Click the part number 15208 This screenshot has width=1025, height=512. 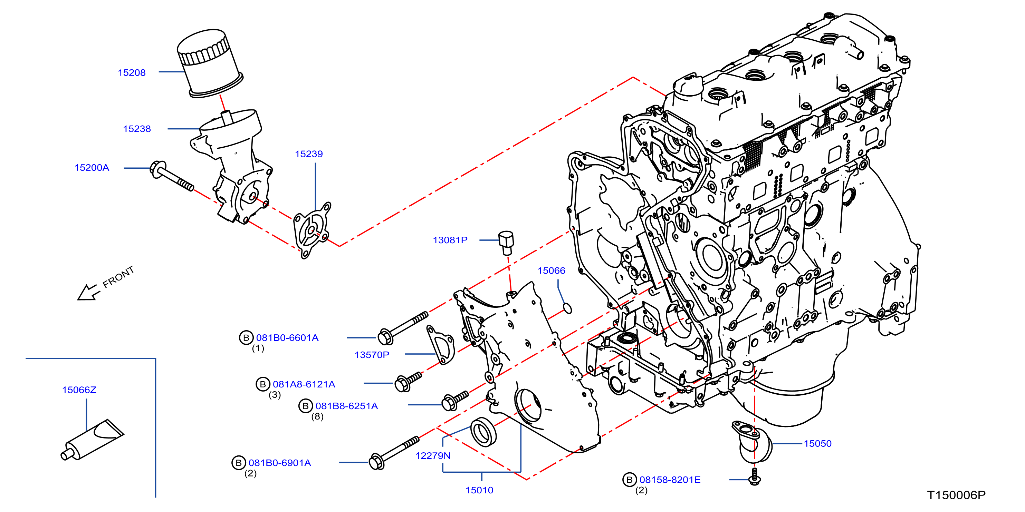click(x=132, y=73)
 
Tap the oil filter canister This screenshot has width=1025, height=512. click(x=209, y=63)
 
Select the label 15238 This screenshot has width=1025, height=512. click(x=137, y=129)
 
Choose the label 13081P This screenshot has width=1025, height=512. click(x=450, y=240)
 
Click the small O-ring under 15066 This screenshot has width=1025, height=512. click(x=568, y=308)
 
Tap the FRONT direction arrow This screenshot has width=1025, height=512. click(x=88, y=292)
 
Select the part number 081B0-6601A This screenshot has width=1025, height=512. click(x=287, y=338)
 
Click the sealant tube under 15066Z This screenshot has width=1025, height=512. click(x=92, y=440)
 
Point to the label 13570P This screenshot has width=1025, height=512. click(x=372, y=355)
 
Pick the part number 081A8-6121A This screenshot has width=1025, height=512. click(x=304, y=384)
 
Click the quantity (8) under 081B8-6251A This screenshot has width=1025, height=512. click(x=317, y=416)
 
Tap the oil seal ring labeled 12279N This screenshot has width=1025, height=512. click(x=483, y=432)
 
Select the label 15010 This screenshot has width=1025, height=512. click(x=479, y=490)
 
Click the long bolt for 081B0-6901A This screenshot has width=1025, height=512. click(x=394, y=453)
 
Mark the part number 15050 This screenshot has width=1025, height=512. click(x=818, y=444)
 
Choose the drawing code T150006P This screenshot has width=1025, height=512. click(x=957, y=495)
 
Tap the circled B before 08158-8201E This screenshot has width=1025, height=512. click(x=630, y=480)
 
